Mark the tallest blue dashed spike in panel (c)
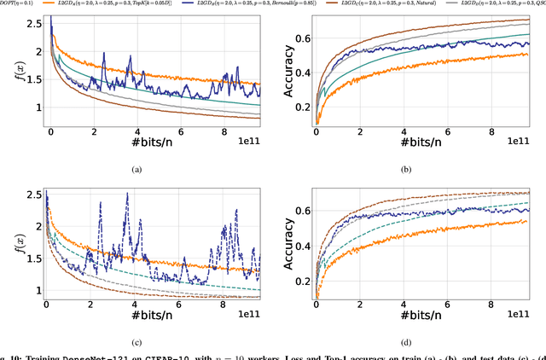click(127, 195)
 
